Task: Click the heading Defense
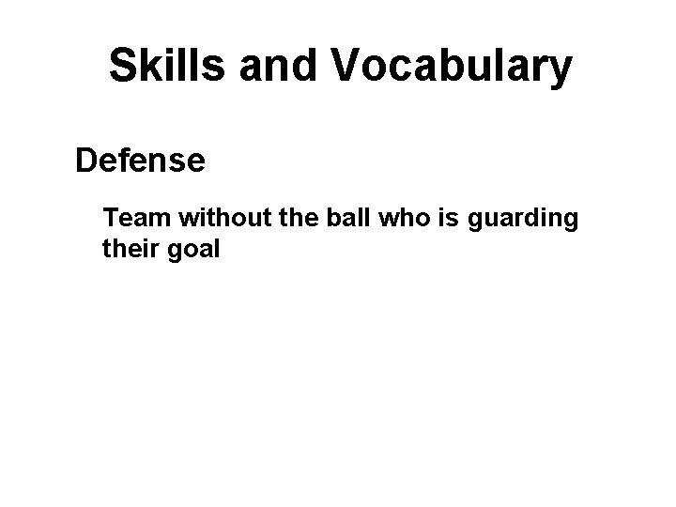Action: (141, 161)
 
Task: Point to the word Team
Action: (139, 219)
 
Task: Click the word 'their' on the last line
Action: (131, 251)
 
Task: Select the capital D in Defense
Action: (86, 161)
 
